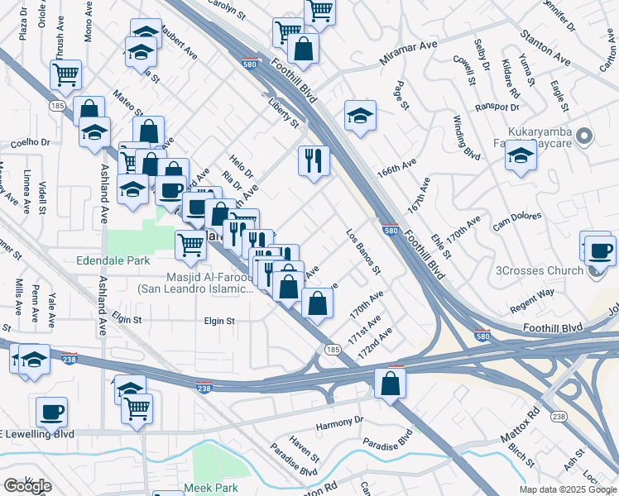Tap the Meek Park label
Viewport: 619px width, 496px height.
click(x=211, y=488)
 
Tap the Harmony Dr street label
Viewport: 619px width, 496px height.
click(x=339, y=422)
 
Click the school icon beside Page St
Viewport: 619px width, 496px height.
click(x=360, y=116)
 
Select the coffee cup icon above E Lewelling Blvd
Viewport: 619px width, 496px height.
click(x=51, y=411)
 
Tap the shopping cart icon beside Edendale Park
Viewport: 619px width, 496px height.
click(x=190, y=244)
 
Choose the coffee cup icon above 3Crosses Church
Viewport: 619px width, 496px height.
click(x=600, y=250)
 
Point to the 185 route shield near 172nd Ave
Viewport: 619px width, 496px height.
click(x=333, y=351)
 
